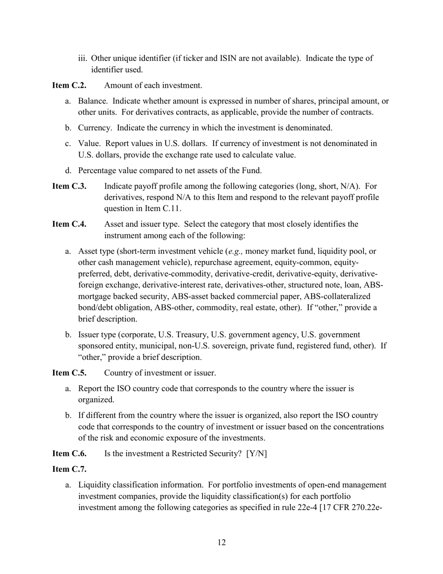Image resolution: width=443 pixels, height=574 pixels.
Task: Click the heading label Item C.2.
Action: coord(69,85)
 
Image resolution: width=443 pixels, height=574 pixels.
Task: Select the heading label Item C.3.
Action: coord(69,186)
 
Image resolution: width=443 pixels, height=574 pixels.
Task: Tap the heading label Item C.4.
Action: coord(69,224)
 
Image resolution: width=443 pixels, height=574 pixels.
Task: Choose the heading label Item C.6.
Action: coord(69,454)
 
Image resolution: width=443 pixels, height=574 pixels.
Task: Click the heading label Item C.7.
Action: coord(69,469)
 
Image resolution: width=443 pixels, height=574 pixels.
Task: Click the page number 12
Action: coord(221,542)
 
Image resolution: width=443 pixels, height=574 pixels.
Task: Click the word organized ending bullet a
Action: coord(96,399)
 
